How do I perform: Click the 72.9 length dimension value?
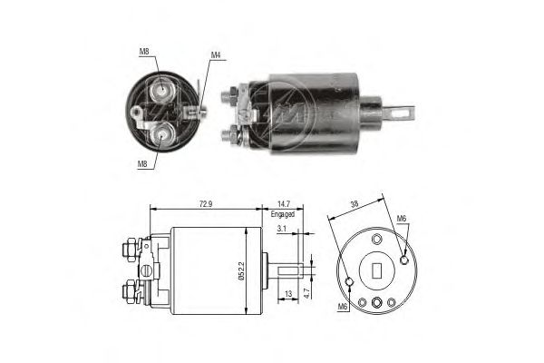(206, 204)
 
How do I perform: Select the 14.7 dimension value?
(283, 204)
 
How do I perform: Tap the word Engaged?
(283, 214)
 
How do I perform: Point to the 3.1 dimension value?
(281, 229)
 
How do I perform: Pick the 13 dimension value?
(288, 294)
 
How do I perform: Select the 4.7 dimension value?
(306, 293)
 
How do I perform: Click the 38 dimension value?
(355, 204)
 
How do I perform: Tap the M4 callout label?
(216, 54)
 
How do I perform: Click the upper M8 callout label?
(144, 52)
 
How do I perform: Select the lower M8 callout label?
(142, 164)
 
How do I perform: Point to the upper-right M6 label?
(402, 219)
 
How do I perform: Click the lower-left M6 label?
(343, 307)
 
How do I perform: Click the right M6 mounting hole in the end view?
(403, 260)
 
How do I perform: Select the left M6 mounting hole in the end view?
(350, 281)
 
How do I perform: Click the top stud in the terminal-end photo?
(161, 90)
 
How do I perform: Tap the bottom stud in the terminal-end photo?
(162, 135)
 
